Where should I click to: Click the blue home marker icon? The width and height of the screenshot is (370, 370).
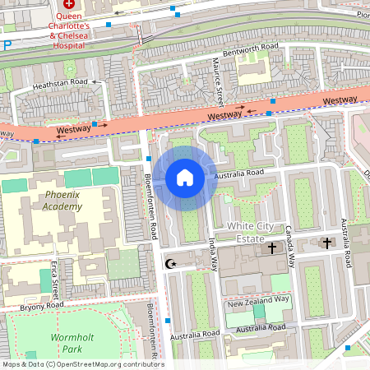(x=185, y=177)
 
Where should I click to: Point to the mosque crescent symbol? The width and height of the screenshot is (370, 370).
(x=171, y=264)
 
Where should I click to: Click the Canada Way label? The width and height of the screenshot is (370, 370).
(x=290, y=247)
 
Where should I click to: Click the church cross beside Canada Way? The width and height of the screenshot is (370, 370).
(x=272, y=247)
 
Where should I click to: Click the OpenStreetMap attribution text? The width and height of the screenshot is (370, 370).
(x=82, y=364)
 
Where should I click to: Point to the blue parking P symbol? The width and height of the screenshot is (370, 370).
(x=7, y=46)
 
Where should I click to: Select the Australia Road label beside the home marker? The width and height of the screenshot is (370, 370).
(x=238, y=173)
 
